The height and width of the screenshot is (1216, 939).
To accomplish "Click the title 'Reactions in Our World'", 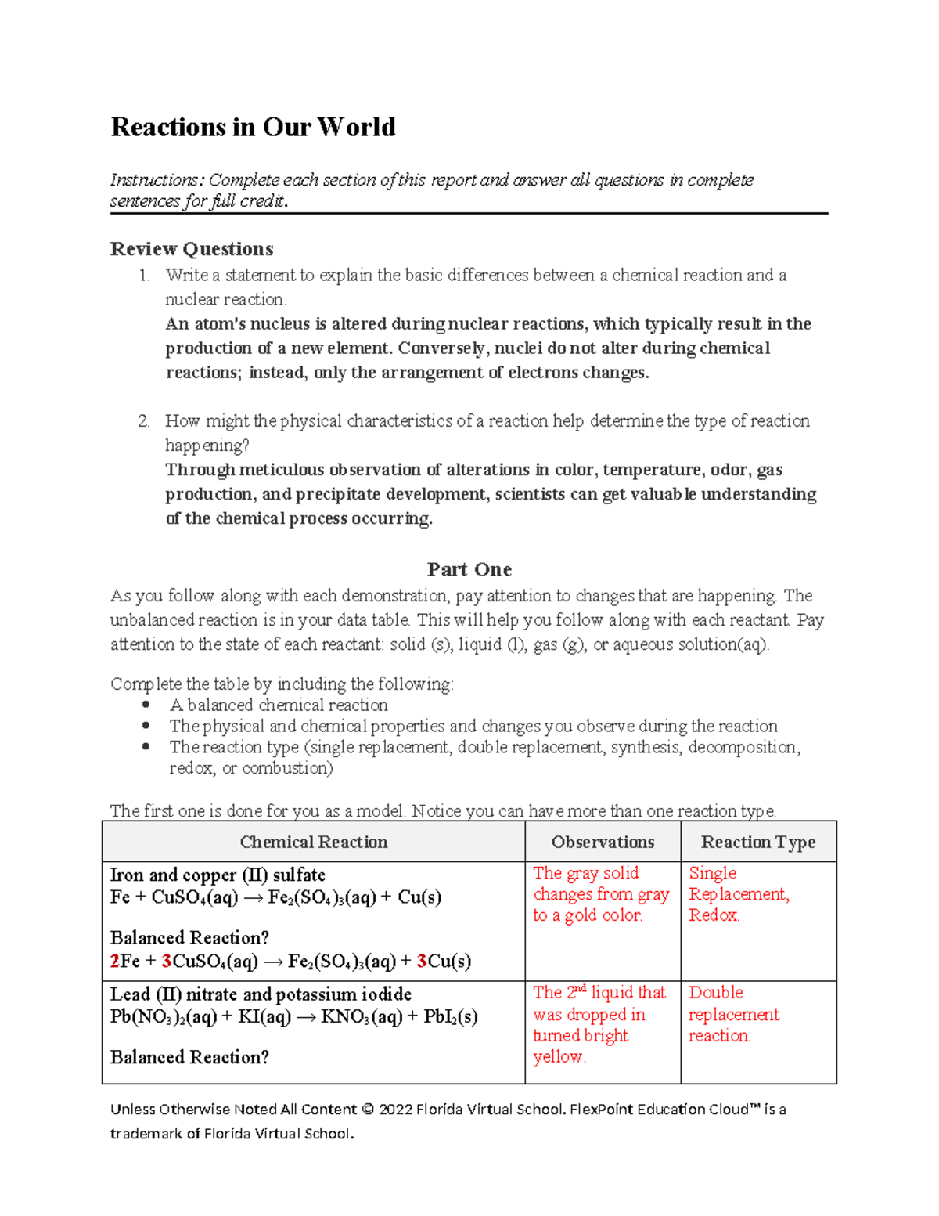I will pos(253,127).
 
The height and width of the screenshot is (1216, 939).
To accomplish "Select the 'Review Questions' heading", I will pos(192,249).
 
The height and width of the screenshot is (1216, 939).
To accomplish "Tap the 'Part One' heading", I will pos(469,569).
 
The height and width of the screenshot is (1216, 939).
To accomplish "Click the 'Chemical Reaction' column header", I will pos(313,842).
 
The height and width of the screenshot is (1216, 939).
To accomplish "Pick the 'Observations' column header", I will pos(603,842).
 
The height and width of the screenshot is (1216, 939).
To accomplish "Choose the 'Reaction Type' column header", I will pos(757,842).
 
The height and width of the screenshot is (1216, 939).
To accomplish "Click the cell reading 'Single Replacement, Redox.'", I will pos(738,894).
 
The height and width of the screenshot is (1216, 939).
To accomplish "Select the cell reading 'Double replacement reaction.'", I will pos(733,1014).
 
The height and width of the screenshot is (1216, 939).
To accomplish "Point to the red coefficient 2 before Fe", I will pos(115,962).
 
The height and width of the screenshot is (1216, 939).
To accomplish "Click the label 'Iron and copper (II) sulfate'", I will pos(218,875).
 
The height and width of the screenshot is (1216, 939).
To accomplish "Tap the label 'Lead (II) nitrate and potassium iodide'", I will pos(261,994).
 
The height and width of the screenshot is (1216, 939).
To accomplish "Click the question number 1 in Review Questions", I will pos(143,276).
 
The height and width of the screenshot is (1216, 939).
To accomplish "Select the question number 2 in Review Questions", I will pos(143,421).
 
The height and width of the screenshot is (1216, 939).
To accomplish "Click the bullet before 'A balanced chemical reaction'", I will pos(146,705).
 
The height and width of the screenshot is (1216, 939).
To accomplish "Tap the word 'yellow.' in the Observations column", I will pos(559,1057).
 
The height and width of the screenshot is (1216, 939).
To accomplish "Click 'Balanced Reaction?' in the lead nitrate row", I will pos(189,1057).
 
